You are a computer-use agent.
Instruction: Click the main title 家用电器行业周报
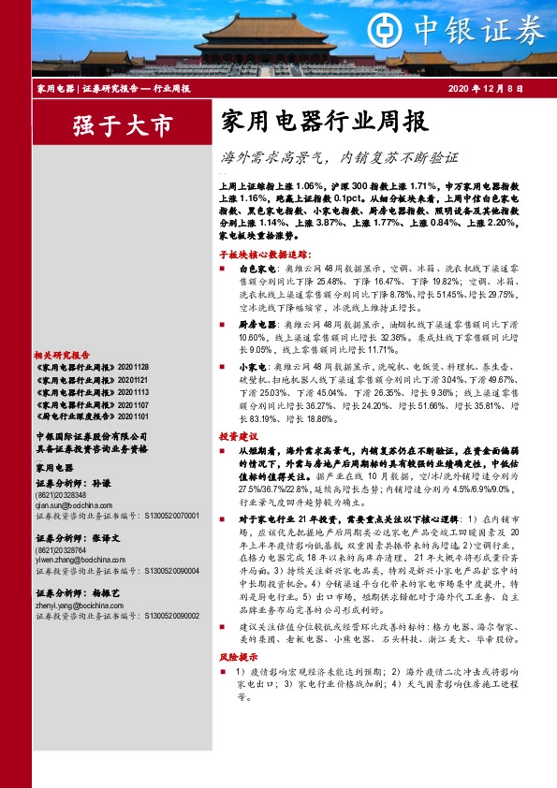point(323,123)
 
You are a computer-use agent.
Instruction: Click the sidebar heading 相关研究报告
point(62,356)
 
